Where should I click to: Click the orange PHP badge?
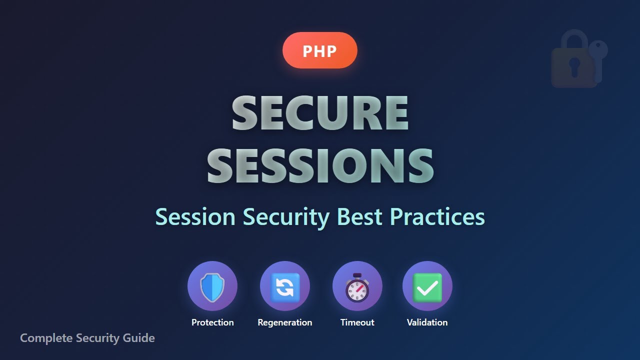click(319, 50)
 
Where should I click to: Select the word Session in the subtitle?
click(195, 217)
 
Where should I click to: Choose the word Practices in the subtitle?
click(437, 217)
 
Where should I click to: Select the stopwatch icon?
click(357, 288)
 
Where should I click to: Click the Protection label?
click(212, 322)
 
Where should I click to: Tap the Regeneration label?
click(285, 322)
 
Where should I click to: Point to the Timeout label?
click(357, 322)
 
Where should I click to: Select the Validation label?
click(427, 322)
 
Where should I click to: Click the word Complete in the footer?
click(46, 338)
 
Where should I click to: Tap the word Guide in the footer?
click(139, 338)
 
